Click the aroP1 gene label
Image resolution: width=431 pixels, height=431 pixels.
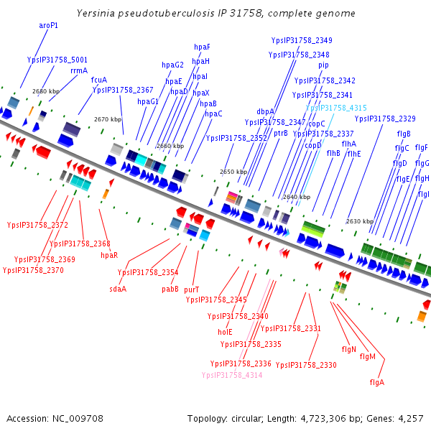click(48, 25)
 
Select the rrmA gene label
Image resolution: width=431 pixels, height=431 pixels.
click(79, 70)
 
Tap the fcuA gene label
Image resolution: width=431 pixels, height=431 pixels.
click(99, 80)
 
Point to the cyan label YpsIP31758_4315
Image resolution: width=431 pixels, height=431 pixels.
click(336, 107)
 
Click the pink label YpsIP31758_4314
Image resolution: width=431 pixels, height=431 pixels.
click(232, 375)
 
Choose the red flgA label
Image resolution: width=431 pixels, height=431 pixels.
click(376, 382)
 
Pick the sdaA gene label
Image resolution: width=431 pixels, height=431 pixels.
click(118, 289)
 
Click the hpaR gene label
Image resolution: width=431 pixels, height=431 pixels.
click(109, 255)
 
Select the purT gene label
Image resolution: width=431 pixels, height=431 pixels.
click(191, 289)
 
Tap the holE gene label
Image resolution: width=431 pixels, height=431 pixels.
click(225, 332)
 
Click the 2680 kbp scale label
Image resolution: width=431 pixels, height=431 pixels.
click(46, 91)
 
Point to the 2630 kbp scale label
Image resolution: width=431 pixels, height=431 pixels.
click(359, 221)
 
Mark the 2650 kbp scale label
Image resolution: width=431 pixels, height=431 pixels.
click(233, 172)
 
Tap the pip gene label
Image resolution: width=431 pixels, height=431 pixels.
click(323, 65)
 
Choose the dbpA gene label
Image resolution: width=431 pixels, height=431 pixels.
click(266, 111)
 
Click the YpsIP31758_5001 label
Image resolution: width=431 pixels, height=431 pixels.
click(57, 60)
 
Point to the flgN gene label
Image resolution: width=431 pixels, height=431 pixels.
click(349, 349)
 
